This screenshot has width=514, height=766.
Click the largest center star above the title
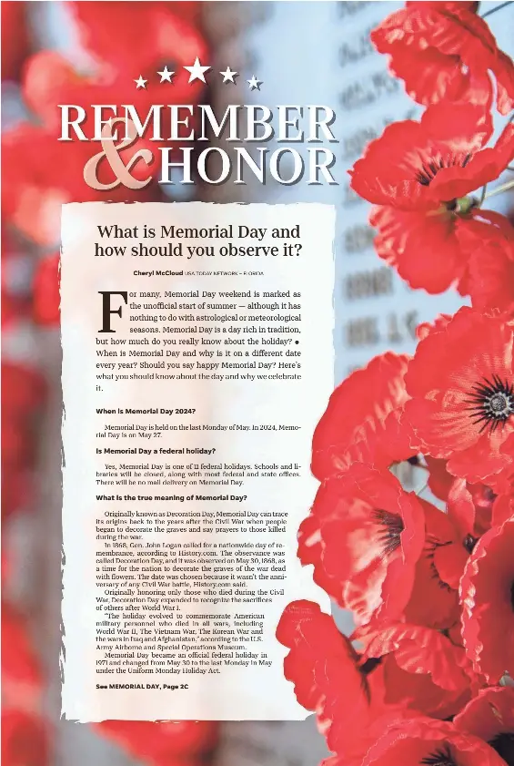click(197, 69)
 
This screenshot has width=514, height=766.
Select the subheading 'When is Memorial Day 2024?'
click(146, 412)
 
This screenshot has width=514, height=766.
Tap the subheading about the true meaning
click(171, 498)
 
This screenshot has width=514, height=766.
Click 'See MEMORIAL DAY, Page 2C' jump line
click(142, 686)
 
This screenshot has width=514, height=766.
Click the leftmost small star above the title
click(141, 82)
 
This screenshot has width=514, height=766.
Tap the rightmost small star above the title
click(254, 82)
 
